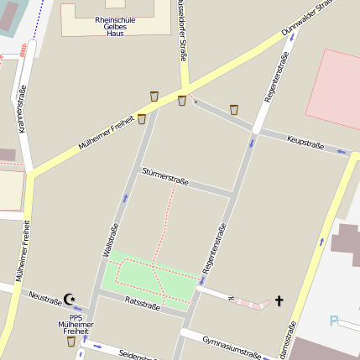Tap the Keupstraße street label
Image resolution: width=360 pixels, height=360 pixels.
click(305, 143)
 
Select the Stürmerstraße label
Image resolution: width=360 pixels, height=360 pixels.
click(165, 177)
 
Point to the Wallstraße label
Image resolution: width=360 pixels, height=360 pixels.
click(110, 239)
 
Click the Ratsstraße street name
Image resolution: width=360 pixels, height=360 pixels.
click(142, 303)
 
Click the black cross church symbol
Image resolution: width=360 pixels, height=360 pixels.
click(279, 300)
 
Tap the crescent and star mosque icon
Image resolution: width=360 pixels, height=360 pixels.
click(70, 298)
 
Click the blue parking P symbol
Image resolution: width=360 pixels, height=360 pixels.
click(334, 321)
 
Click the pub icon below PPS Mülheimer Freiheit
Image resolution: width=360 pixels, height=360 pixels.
click(71, 342)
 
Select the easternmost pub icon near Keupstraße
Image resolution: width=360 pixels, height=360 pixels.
click(234, 109)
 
